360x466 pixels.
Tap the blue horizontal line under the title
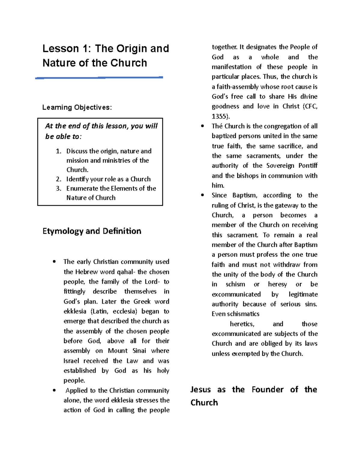pyautogui.click(x=99, y=78)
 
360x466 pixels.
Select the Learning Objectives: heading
pyautogui.click(x=77, y=107)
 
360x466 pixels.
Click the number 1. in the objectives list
pyautogui.click(x=58, y=151)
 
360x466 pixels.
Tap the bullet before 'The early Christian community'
pyautogui.click(x=54, y=262)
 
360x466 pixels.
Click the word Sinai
pyautogui.click(x=139, y=351)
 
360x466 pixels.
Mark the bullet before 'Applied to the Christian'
pyautogui.click(x=54, y=390)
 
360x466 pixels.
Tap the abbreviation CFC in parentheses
pyautogui.click(x=311, y=107)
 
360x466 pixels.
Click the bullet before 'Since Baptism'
pyautogui.click(x=202, y=195)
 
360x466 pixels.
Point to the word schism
pyautogui.click(x=235, y=284)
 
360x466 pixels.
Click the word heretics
pyautogui.click(x=242, y=324)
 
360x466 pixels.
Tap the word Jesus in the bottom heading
pyautogui.click(x=200, y=389)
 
